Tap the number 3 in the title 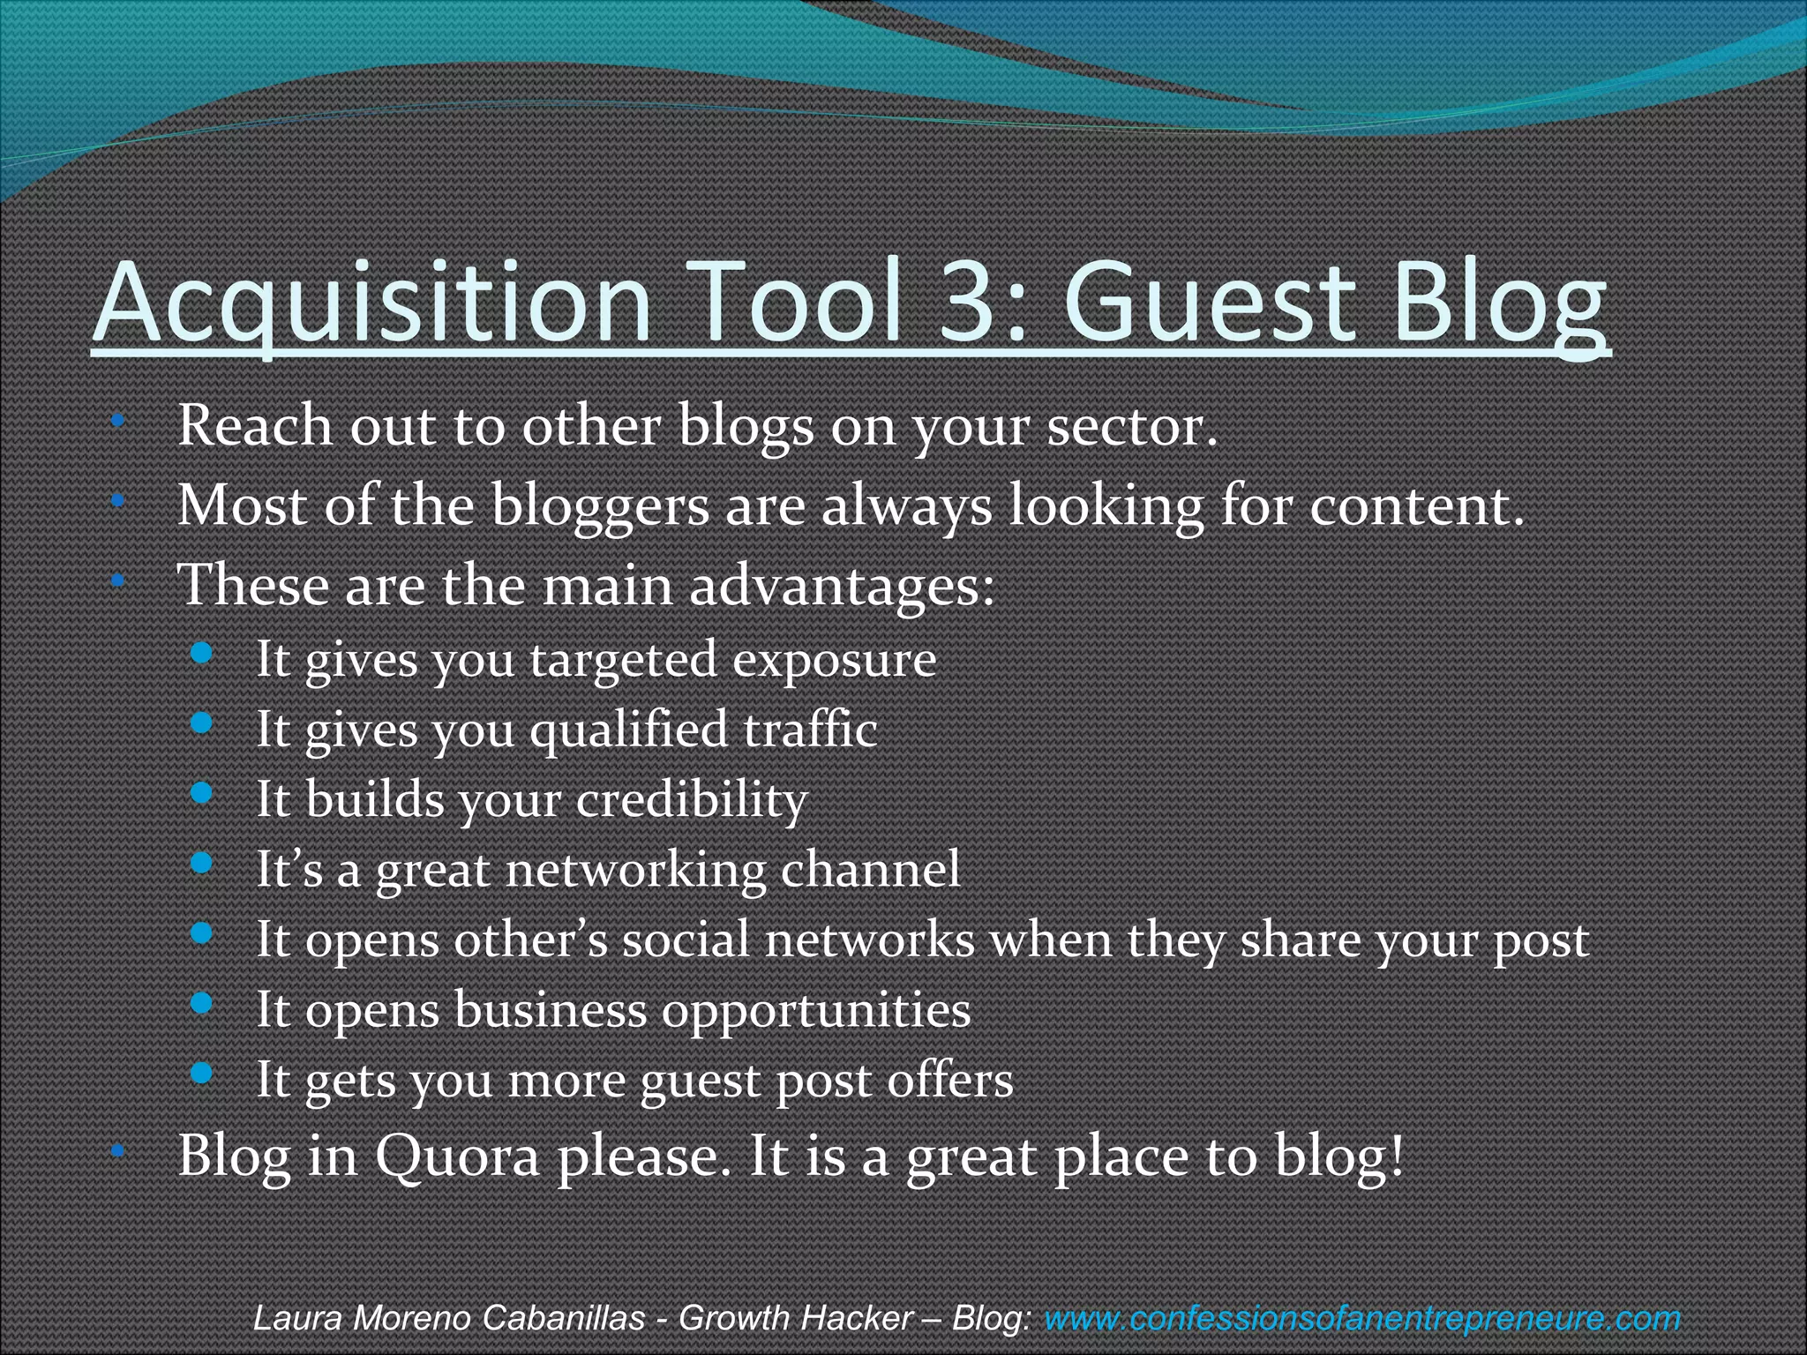click(969, 302)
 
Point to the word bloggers click(599, 507)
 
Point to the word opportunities click(815, 1011)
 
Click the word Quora click(457, 1157)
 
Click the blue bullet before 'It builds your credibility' click(202, 793)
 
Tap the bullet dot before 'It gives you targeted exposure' click(202, 654)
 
